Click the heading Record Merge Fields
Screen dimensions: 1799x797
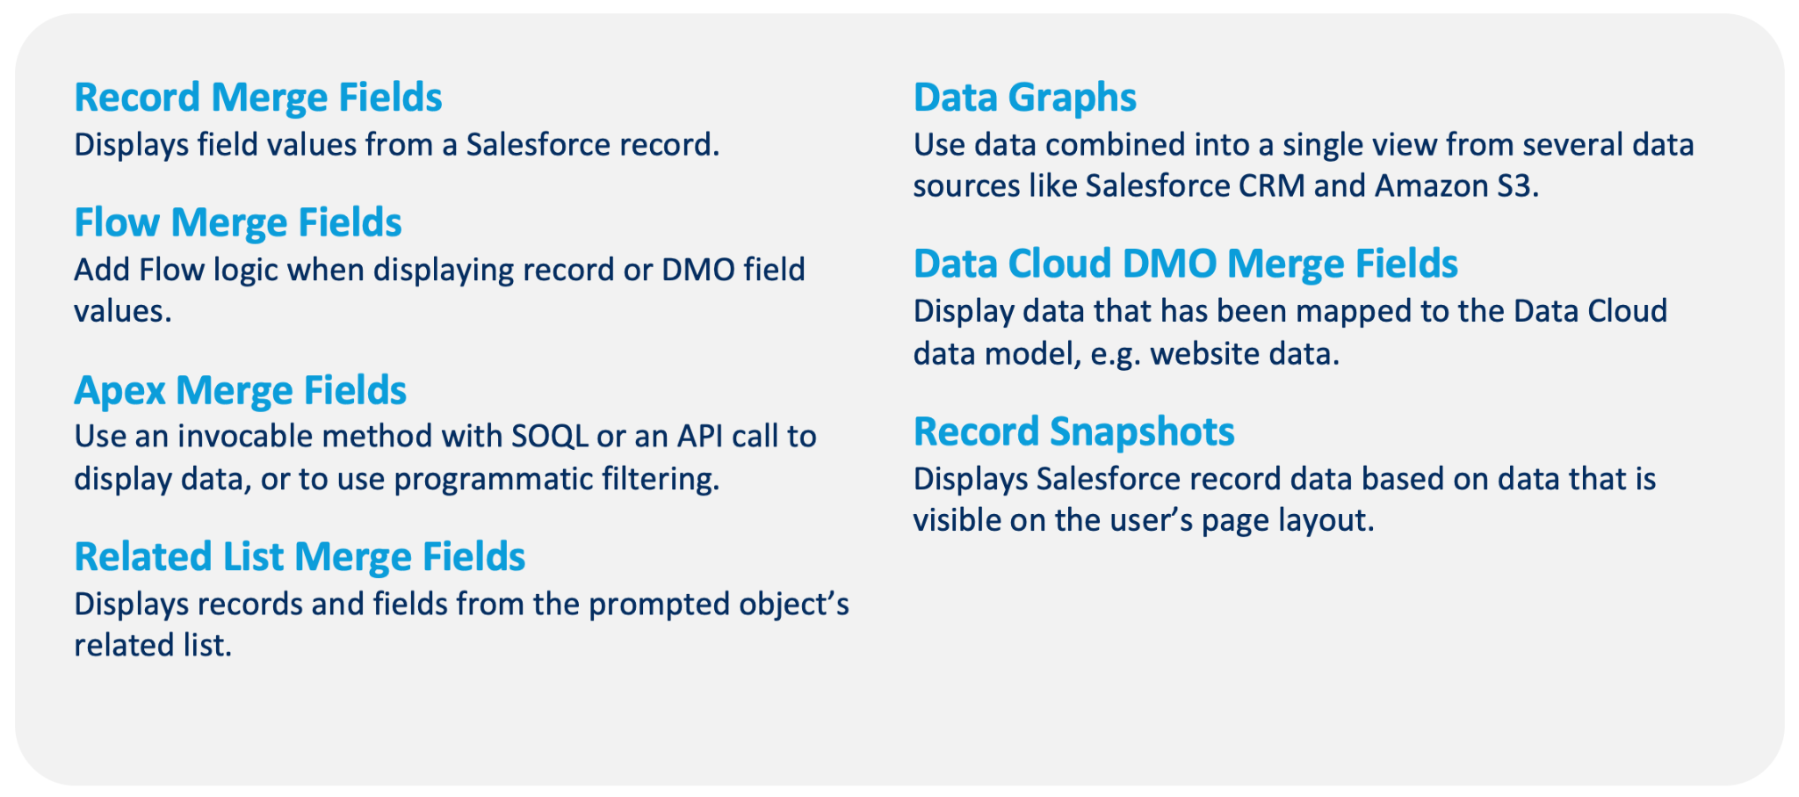(258, 98)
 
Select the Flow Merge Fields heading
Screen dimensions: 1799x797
(238, 223)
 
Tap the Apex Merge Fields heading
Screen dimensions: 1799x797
(241, 391)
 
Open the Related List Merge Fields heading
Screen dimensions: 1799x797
(300, 558)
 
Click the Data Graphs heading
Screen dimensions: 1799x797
(1025, 98)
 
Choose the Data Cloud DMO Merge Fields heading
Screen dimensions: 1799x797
(1186, 264)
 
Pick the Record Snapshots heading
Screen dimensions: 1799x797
(1074, 432)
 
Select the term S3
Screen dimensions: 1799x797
(1517, 186)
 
